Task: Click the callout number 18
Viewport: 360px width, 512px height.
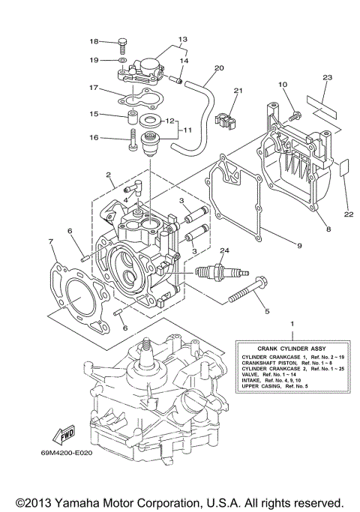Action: (x=94, y=41)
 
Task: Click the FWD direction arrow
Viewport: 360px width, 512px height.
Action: (x=63, y=436)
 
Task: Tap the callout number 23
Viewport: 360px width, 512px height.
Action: (x=327, y=77)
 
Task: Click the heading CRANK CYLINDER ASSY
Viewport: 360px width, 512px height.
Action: (x=281, y=349)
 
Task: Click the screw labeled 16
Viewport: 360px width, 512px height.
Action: (x=133, y=140)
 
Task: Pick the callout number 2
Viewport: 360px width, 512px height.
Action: (x=109, y=175)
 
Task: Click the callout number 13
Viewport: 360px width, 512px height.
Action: (x=182, y=38)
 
